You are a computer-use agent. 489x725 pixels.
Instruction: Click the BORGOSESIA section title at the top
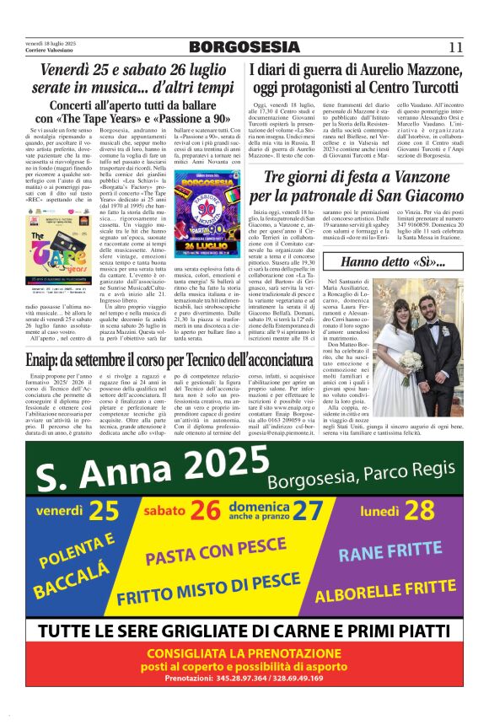(x=244, y=46)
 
